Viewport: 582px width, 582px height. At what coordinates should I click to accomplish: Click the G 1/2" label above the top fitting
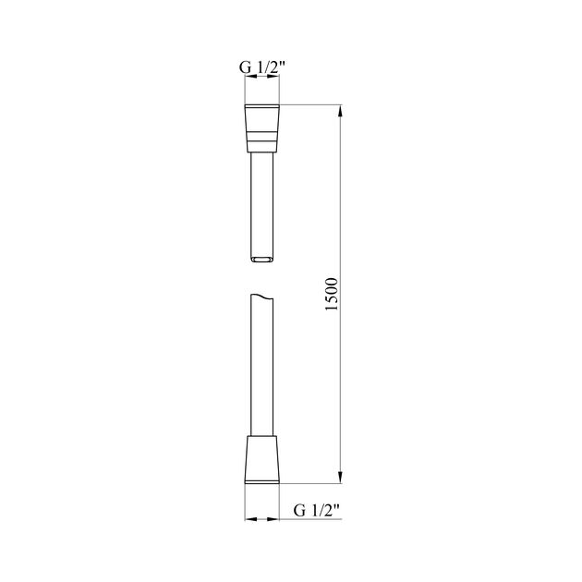[x=262, y=67]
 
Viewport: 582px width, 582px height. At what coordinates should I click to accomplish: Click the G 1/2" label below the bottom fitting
[x=317, y=509]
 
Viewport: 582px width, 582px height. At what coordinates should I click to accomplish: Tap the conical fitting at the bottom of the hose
[x=262, y=456]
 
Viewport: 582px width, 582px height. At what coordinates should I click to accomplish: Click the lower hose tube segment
[x=262, y=370]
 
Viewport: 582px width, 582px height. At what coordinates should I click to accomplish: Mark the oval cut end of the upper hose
[x=262, y=260]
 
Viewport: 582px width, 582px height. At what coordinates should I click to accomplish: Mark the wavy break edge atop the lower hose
[x=262, y=298]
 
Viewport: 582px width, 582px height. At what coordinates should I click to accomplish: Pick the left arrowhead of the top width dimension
[x=248, y=80]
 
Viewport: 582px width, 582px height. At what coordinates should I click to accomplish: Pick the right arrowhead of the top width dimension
[x=276, y=80]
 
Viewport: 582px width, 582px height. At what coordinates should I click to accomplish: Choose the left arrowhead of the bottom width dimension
[x=249, y=519]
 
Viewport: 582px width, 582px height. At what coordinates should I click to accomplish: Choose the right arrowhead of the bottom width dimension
[x=276, y=519]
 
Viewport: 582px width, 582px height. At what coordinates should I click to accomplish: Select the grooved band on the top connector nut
[x=262, y=138]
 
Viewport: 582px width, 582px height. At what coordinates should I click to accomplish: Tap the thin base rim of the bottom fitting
[x=262, y=481]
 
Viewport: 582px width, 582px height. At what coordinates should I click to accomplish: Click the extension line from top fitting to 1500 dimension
[x=309, y=105]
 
